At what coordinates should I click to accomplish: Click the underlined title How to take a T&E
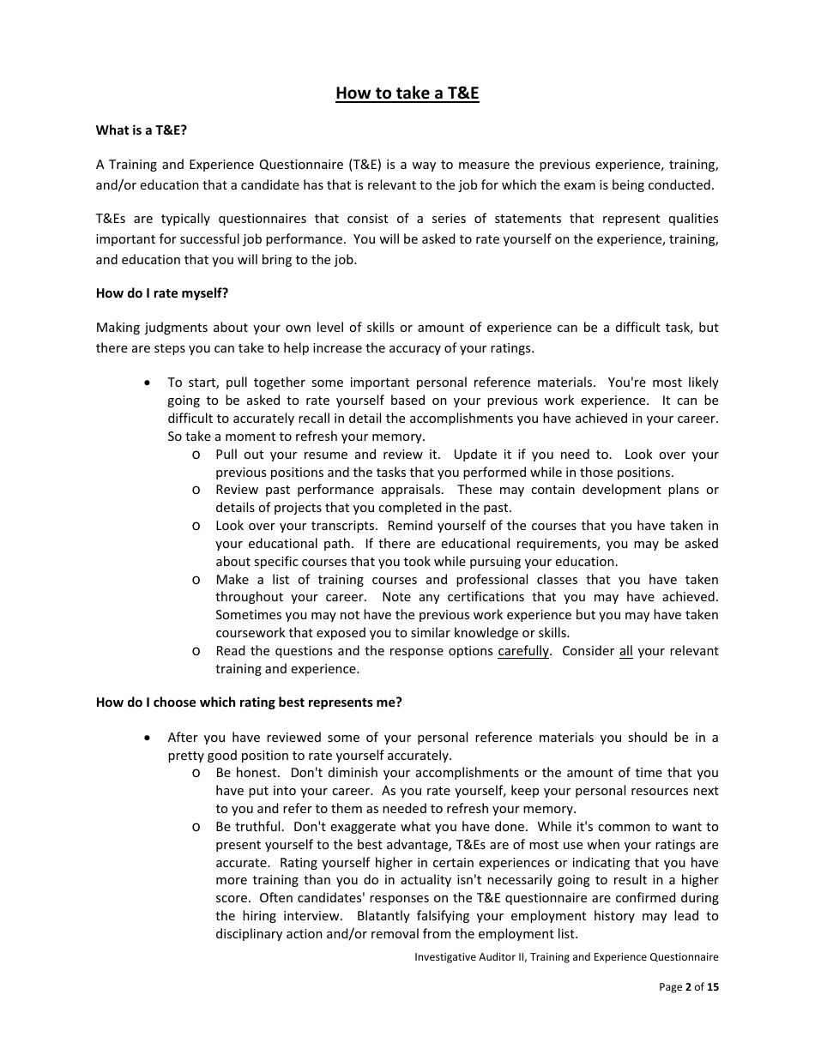(407, 93)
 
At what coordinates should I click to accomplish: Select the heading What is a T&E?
(141, 130)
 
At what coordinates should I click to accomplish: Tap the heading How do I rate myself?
(162, 292)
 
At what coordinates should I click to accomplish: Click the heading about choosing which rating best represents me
(249, 702)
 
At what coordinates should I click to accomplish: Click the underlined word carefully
(523, 651)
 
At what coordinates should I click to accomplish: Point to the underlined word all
(625, 651)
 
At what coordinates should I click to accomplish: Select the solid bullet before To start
(150, 383)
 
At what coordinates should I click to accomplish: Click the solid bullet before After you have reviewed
(150, 738)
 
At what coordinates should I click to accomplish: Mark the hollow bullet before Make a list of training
(197, 580)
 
